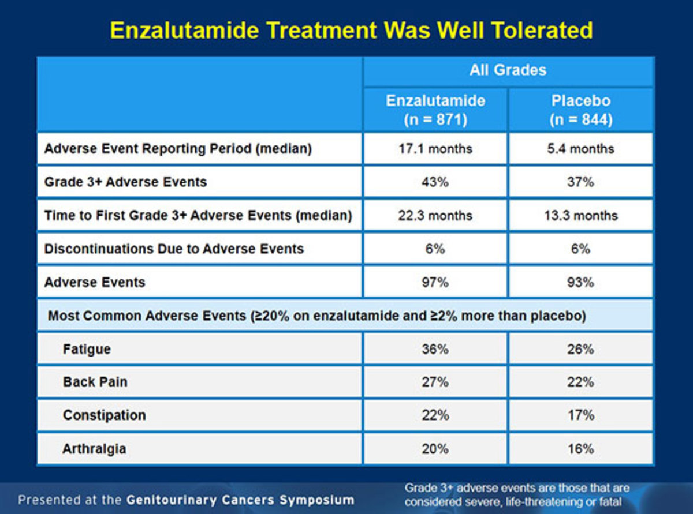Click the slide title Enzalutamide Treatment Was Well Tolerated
351,30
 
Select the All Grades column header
508,70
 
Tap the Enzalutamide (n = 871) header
435,109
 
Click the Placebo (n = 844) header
580,109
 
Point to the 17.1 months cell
435,149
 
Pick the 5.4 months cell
580,149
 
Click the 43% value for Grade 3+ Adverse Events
435,182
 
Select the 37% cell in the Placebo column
580,182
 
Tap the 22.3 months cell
435,216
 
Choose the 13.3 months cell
580,216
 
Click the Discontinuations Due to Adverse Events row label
174,249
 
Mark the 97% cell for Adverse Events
435,283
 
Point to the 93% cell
580,283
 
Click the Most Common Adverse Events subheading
316,316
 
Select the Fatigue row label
87,350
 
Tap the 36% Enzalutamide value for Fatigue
435,350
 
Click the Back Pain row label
95,382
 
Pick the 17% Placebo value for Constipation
580,415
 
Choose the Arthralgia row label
94,449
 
